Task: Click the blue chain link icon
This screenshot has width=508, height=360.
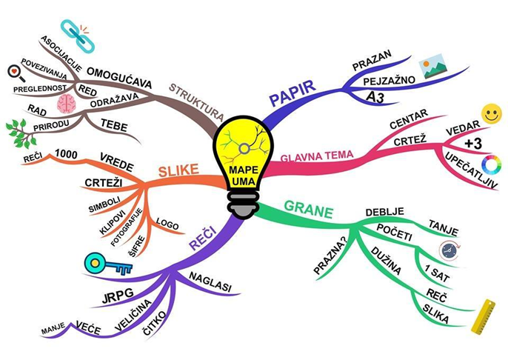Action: click(78, 36)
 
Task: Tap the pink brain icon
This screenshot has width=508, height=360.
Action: click(67, 104)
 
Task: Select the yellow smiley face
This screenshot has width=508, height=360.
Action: click(492, 113)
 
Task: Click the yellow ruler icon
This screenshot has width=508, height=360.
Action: click(483, 316)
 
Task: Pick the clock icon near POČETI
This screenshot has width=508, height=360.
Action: click(449, 250)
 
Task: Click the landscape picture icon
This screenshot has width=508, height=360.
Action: click(432, 66)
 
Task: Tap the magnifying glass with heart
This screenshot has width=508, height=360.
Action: click(16, 73)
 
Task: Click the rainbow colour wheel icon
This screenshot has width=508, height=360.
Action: click(491, 165)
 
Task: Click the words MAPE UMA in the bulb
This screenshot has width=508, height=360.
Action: click(244, 176)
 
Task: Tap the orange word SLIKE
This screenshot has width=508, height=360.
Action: click(178, 170)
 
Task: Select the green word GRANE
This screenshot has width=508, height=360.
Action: click(308, 210)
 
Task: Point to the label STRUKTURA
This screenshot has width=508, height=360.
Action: click(197, 101)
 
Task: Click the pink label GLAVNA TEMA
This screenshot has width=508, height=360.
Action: click(316, 156)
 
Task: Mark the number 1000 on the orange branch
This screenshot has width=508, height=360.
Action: click(66, 154)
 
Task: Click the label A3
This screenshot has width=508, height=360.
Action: click(375, 97)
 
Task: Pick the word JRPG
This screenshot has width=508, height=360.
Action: click(118, 296)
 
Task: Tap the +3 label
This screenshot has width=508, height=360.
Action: click(473, 144)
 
